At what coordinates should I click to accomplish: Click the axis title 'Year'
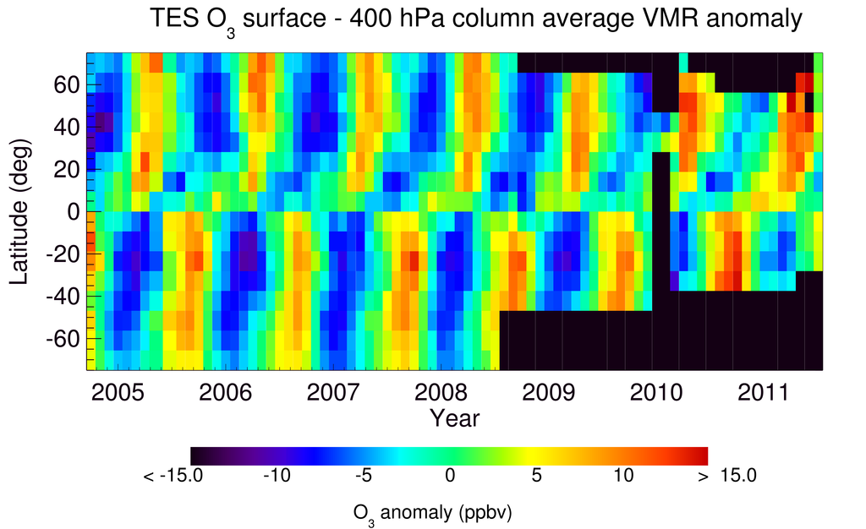454,418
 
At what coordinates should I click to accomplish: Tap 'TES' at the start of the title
173,19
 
